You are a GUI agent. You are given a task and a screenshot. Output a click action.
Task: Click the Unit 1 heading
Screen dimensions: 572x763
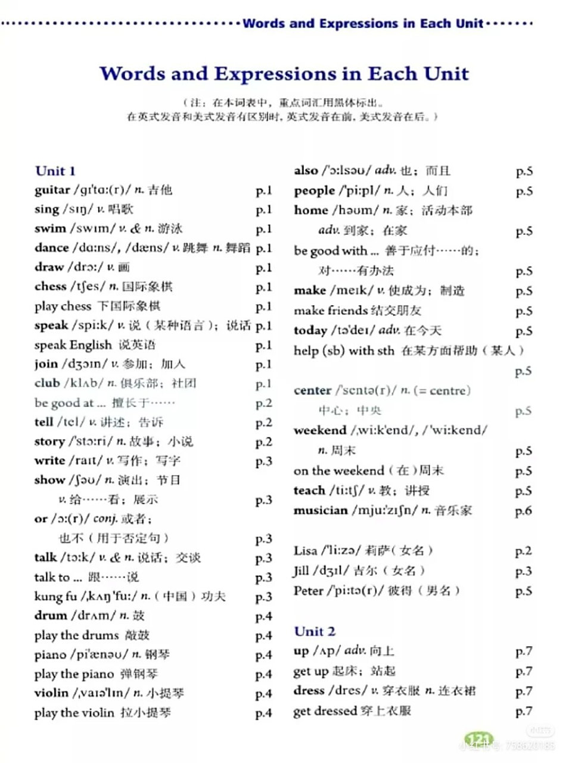click(x=55, y=171)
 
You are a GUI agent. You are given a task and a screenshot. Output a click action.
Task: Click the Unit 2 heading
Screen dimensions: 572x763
click(x=315, y=631)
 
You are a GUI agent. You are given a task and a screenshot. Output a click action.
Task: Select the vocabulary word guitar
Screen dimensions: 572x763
click(x=52, y=190)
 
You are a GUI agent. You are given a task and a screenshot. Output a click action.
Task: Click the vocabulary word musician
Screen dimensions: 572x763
click(x=320, y=510)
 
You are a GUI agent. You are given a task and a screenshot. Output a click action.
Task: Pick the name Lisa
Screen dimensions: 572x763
click(x=305, y=551)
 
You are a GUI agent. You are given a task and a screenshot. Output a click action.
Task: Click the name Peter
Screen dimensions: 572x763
click(x=308, y=591)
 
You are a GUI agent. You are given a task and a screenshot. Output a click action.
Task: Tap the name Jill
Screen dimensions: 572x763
click(x=301, y=571)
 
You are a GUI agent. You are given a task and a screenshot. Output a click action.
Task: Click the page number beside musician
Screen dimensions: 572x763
click(x=523, y=511)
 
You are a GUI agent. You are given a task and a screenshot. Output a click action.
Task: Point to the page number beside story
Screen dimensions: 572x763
click(x=263, y=442)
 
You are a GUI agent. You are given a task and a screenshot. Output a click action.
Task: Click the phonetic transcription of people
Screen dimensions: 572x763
click(x=359, y=191)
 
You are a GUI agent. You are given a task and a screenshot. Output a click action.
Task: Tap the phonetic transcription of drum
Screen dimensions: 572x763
click(x=93, y=616)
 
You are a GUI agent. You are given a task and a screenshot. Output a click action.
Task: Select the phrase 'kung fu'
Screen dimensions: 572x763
click(x=57, y=597)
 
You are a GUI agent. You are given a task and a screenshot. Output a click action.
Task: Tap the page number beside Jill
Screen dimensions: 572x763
click(x=523, y=571)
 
